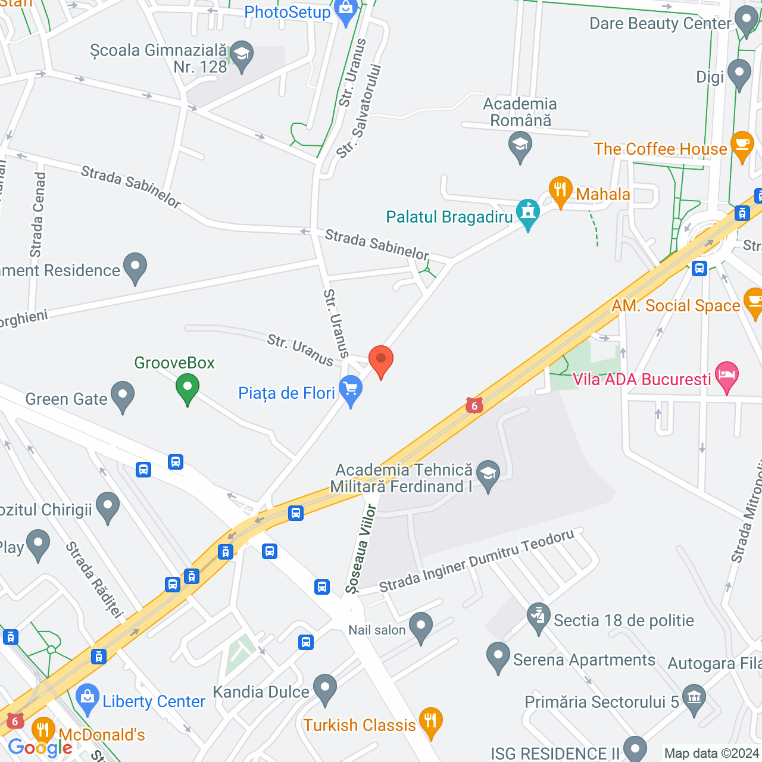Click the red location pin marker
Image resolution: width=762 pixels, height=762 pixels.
pos(381,360)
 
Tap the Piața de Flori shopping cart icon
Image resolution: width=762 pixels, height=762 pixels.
pos(351,390)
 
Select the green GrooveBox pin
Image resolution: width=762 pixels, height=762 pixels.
pos(188,388)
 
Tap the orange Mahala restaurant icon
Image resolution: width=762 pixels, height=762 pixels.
pos(560,191)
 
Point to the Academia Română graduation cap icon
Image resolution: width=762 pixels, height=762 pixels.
pos(520,146)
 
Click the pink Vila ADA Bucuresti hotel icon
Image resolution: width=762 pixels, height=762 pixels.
pos(727,376)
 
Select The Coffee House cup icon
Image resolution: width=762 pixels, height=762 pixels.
pos(742,145)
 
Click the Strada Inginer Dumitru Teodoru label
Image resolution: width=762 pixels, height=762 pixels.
pos(476,561)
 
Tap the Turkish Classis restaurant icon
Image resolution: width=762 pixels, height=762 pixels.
pos(430,721)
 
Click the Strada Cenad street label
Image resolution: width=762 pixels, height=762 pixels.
pos(38,214)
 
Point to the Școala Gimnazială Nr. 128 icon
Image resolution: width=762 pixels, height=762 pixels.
pos(242,55)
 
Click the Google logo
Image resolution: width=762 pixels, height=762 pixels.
pos(40,748)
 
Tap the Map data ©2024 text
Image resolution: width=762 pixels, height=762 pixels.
pos(711,753)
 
